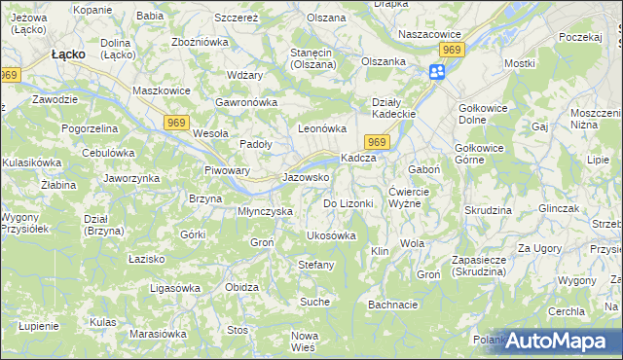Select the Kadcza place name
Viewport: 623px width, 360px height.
pos(357,159)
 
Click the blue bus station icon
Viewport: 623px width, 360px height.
pos(438,71)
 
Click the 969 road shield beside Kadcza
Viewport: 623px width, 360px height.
pos(380,143)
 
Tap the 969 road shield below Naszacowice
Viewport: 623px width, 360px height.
pos(451,49)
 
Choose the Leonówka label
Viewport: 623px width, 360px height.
pos(322,128)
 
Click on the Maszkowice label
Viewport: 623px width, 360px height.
pos(160,91)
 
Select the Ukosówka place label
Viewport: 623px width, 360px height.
pos(331,235)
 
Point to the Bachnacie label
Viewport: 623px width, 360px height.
pos(393,305)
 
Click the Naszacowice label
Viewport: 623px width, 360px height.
pos(428,32)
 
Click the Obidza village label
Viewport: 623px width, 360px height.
pos(241,287)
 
